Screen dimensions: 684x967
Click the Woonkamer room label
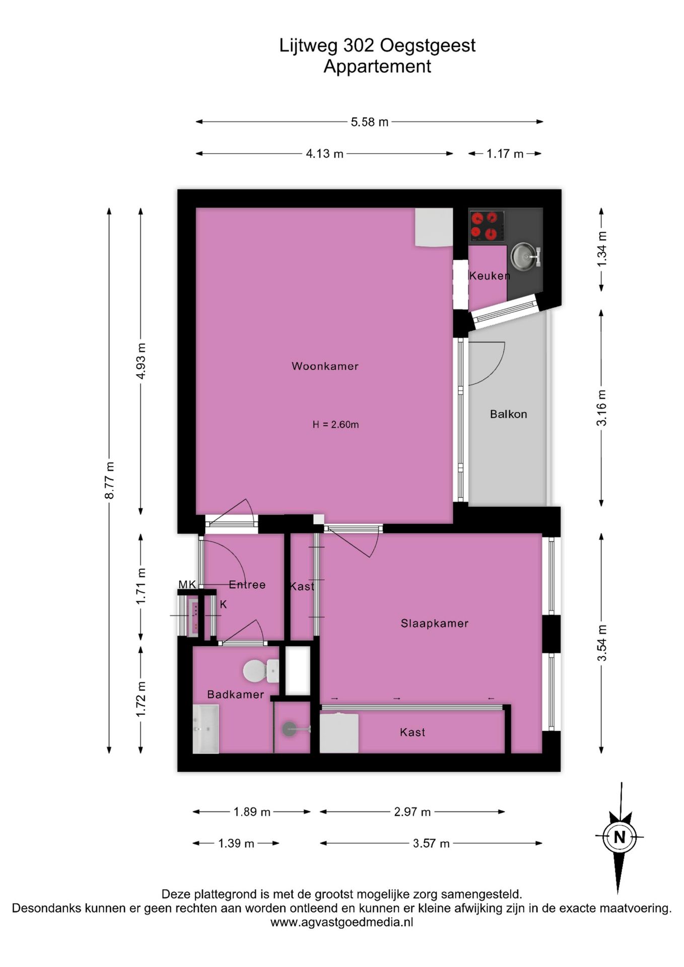[x=325, y=366]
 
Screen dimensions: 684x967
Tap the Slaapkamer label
[x=434, y=624]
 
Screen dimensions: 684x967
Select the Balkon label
[x=508, y=414]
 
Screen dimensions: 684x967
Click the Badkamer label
[x=235, y=695]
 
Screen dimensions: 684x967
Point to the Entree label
[x=247, y=585]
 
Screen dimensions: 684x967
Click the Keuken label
[x=489, y=275]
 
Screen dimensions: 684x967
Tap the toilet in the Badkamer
[x=261, y=671]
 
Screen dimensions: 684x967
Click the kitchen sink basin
[x=523, y=255]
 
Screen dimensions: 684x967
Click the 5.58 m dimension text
[x=370, y=122]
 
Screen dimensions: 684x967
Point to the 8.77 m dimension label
[x=109, y=480]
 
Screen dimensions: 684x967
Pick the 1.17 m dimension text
[x=505, y=154]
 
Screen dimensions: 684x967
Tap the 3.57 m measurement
[x=431, y=843]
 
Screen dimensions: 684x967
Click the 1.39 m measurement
[x=236, y=843]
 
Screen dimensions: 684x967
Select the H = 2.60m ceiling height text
[x=335, y=425]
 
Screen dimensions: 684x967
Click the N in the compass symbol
[x=620, y=837]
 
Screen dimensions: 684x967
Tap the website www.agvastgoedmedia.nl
[x=342, y=922]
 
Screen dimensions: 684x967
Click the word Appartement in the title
[x=377, y=66]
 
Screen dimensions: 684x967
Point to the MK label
[x=187, y=584]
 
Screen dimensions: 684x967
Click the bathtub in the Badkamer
[x=206, y=729]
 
